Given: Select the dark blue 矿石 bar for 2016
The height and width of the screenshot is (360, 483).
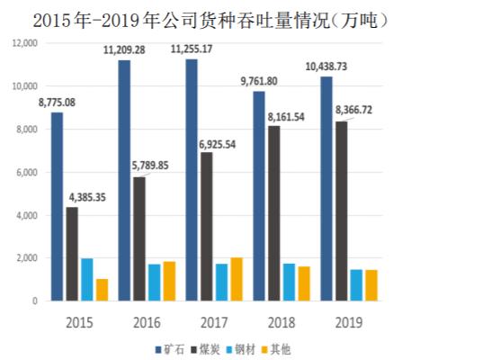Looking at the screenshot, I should (x=123, y=180).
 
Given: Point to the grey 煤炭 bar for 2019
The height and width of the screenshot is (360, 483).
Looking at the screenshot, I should (x=341, y=211).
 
